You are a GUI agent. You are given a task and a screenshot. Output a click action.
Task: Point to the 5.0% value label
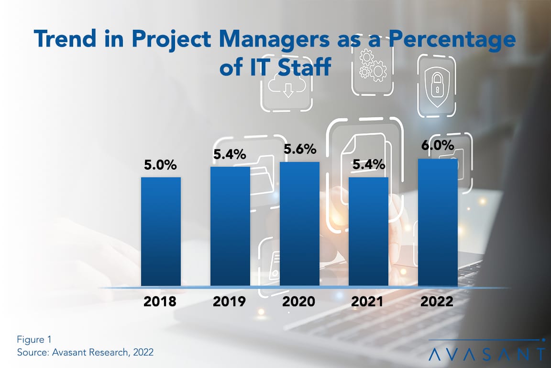[161, 165]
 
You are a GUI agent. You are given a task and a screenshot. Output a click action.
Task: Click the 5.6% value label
[299, 149]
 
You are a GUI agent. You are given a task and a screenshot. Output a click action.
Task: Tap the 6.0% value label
[438, 146]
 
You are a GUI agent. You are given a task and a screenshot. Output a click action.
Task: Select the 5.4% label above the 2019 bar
[230, 154]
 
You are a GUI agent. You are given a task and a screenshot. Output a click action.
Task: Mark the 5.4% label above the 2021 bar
[368, 165]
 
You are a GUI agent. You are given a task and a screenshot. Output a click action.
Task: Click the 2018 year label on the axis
[161, 302]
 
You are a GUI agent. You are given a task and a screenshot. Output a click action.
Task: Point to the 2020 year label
[299, 302]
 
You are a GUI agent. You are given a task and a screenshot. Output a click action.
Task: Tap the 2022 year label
[438, 302]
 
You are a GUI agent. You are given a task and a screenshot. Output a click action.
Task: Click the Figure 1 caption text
[34, 340]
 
